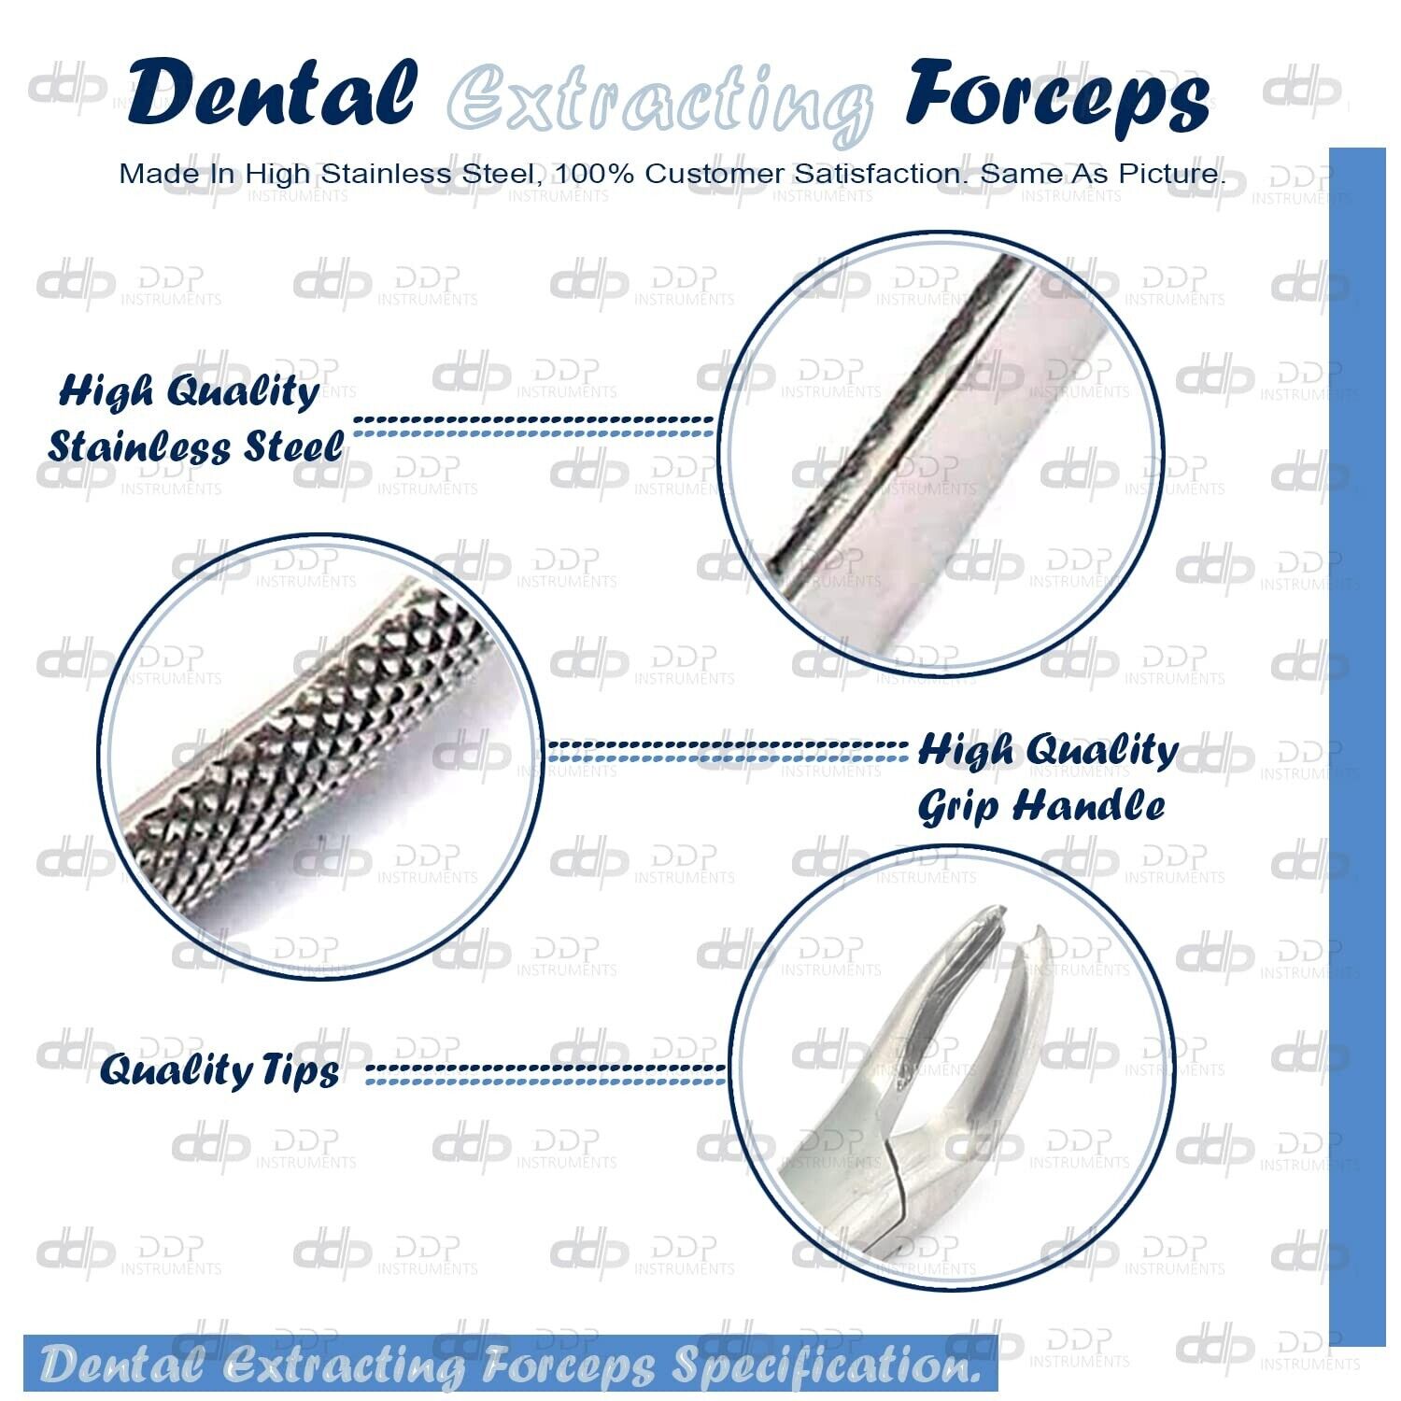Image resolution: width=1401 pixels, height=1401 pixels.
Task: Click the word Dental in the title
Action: [x=272, y=93]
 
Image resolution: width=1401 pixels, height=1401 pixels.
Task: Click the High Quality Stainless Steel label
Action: [x=193, y=419]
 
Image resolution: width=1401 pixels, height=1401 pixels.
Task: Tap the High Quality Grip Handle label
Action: [x=1046, y=777]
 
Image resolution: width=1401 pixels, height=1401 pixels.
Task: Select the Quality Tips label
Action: [x=219, y=1069]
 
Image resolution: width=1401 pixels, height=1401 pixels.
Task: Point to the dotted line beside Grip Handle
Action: [x=727, y=750]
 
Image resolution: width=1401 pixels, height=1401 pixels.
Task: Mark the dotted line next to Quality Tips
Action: [x=545, y=1074]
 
